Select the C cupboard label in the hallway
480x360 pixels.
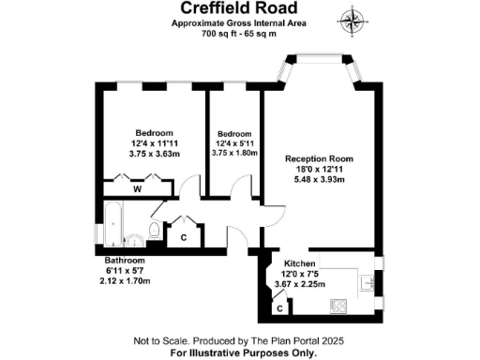click(184, 237)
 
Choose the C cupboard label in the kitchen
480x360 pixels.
click(279, 307)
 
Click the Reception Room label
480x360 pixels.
click(316, 159)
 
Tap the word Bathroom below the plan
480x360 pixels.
click(125, 260)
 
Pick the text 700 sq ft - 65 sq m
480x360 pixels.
click(240, 34)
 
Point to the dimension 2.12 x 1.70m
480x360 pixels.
click(125, 279)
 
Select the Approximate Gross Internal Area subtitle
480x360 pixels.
click(240, 23)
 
